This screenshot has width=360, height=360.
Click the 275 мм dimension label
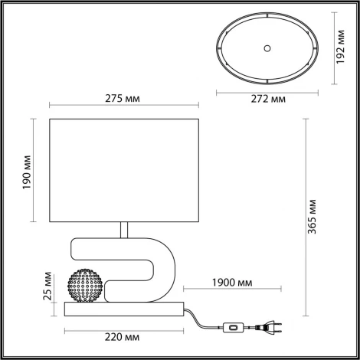pyautogui.click(x=126, y=98)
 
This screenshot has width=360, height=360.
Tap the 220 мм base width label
pyautogui.click(x=125, y=337)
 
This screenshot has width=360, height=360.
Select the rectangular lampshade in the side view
pyautogui.click(x=126, y=169)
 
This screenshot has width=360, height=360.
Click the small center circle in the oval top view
pyautogui.click(x=267, y=47)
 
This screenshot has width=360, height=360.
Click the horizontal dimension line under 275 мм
pyautogui.click(x=126, y=106)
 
